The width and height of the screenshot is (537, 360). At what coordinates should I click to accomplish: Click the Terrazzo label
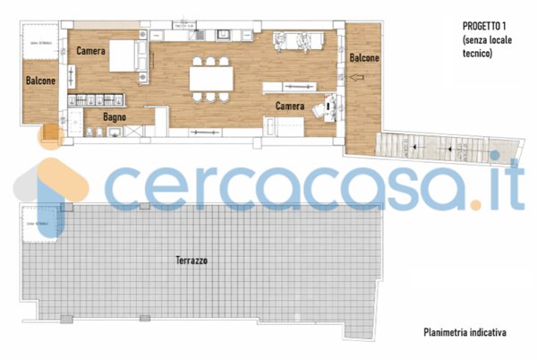[x=192, y=261]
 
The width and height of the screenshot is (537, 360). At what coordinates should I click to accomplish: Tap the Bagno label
[x=113, y=117]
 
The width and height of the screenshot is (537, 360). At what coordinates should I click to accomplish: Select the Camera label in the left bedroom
[x=92, y=50]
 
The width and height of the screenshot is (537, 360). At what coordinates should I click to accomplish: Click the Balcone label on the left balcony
[x=40, y=80]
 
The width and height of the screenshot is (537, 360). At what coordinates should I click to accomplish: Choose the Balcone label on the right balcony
[x=363, y=58]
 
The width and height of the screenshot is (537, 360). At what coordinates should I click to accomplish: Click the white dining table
[x=211, y=80]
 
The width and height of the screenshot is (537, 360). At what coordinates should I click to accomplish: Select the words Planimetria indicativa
[x=465, y=332]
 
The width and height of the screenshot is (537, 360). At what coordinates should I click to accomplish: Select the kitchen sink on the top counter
[x=224, y=34]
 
